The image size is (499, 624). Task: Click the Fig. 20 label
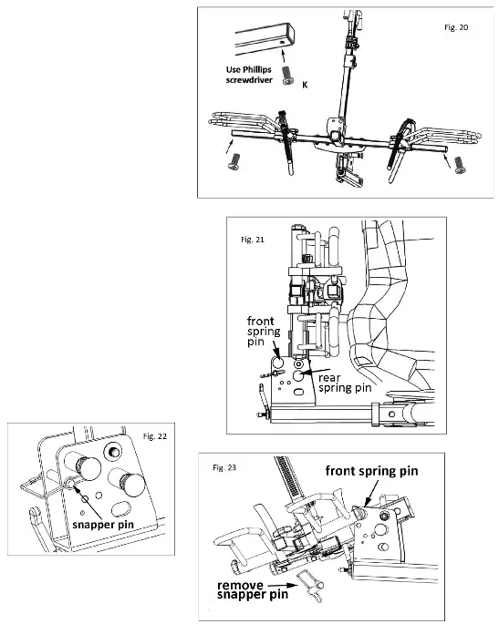click(456, 27)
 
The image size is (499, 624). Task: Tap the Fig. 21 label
click(253, 240)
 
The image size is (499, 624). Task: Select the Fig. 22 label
click(155, 436)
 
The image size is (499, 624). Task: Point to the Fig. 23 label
click(224, 467)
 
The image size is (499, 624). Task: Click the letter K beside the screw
click(305, 85)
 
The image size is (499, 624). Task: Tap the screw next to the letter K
click(287, 76)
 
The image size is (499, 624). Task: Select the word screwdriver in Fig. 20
click(249, 79)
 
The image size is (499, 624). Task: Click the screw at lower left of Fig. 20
click(234, 161)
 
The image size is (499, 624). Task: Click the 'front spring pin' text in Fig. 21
click(264, 331)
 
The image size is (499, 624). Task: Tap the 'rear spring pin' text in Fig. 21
click(345, 383)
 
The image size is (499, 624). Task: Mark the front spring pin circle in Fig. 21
click(278, 363)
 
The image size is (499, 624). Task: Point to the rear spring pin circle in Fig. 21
click(298, 375)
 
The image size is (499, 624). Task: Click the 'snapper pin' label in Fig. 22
click(103, 525)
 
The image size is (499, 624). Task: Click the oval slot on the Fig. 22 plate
click(121, 508)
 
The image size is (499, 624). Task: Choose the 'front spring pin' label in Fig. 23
click(372, 471)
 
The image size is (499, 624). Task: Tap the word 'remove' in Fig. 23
click(240, 586)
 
